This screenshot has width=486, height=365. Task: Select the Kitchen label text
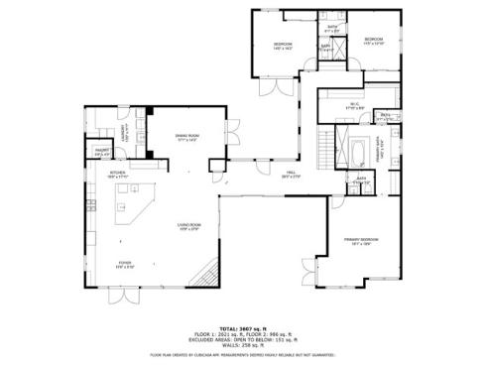point(118,172)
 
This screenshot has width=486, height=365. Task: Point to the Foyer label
point(125,263)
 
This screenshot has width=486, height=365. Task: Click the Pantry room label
point(101,152)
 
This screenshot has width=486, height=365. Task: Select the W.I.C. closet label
point(353,104)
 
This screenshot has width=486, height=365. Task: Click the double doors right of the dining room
point(232,134)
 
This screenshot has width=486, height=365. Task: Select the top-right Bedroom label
point(373,41)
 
